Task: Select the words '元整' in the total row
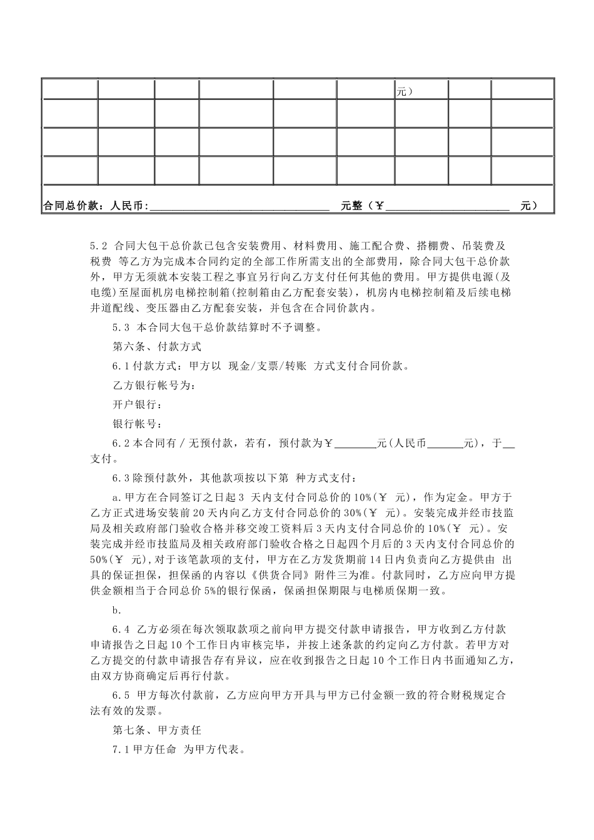(x=352, y=206)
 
